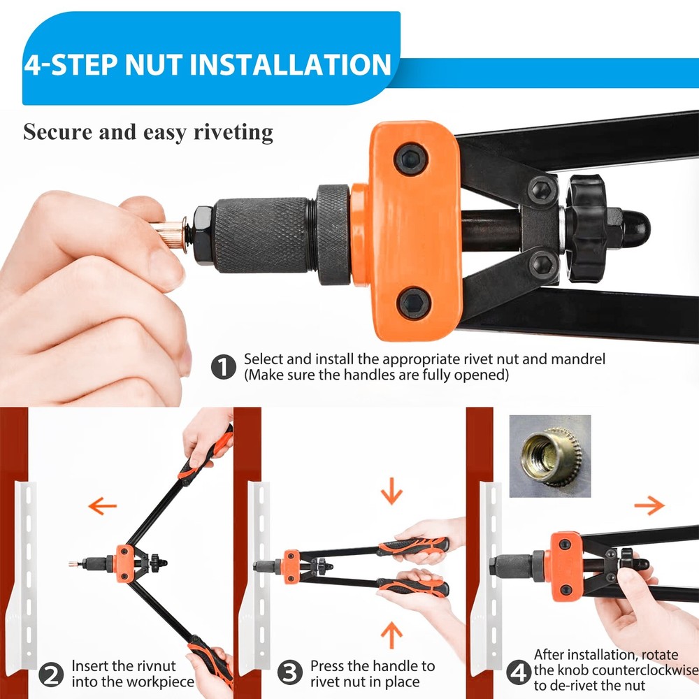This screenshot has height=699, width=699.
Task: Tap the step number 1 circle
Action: click(223, 366)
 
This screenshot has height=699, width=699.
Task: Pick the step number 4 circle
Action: click(517, 673)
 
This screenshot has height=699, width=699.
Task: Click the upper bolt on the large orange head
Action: click(411, 159)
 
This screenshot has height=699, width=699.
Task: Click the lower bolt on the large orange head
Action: click(414, 303)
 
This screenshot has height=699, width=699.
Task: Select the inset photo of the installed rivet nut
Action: click(549, 456)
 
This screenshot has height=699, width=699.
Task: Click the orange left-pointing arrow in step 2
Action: click(102, 505)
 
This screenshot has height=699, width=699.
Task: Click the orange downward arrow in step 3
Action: click(391, 494)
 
